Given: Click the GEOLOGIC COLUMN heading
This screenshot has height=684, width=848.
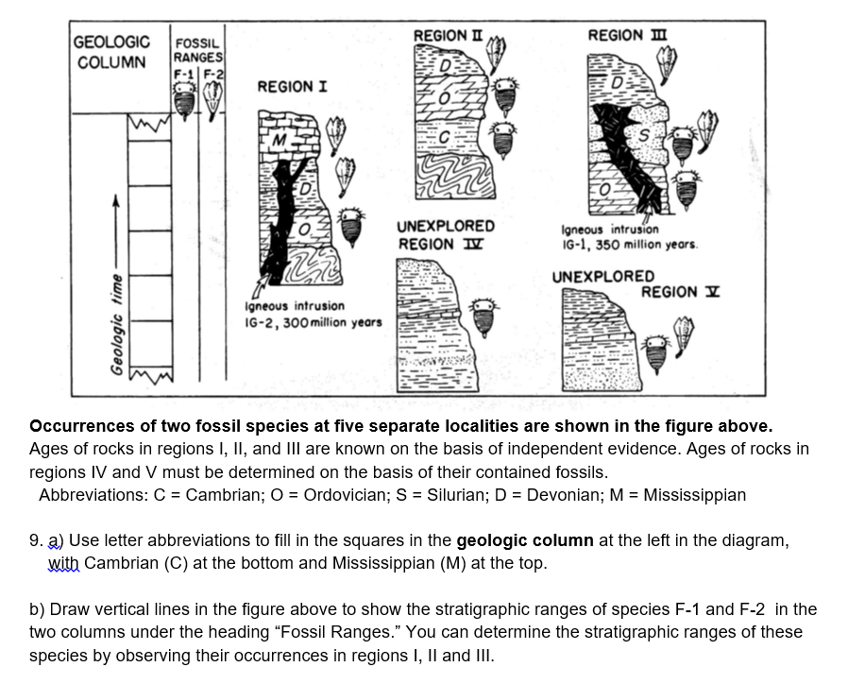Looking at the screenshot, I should [x=111, y=52].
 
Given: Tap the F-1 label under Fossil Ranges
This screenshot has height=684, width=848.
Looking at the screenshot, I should [x=182, y=74].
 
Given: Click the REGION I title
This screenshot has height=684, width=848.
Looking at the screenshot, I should [x=293, y=87].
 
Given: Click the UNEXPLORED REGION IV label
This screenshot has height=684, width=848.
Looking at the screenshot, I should [x=446, y=235].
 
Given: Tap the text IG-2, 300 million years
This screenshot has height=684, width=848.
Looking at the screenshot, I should [x=313, y=322].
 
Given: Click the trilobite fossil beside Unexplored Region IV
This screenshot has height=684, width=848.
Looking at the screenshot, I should [x=483, y=315].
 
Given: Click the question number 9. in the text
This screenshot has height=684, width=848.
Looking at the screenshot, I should [x=36, y=541].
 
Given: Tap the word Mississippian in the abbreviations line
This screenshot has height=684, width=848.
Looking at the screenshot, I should [x=694, y=495].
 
